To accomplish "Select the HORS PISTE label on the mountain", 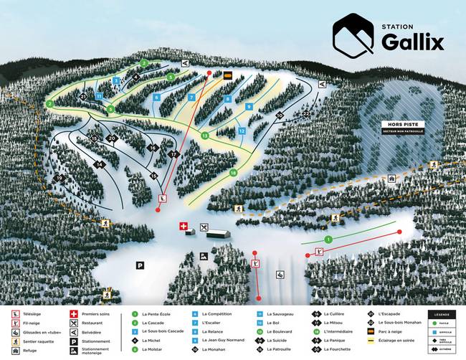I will click(x=401, y=124).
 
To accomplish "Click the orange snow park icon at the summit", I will click(x=228, y=75).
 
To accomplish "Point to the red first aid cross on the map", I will click(x=183, y=227).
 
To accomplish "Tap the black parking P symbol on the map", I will click(x=140, y=265).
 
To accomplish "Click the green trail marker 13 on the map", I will click(x=204, y=136).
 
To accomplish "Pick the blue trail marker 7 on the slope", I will click(x=191, y=97).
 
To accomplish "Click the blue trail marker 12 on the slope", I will click(x=242, y=131).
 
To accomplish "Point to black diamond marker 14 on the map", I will click(x=100, y=165).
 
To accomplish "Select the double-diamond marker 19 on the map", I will click(x=60, y=177).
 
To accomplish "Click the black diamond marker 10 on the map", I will click(x=280, y=115).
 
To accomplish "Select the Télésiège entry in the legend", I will click(x=32, y=313).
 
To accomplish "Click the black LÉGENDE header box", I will click(x=442, y=313).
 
